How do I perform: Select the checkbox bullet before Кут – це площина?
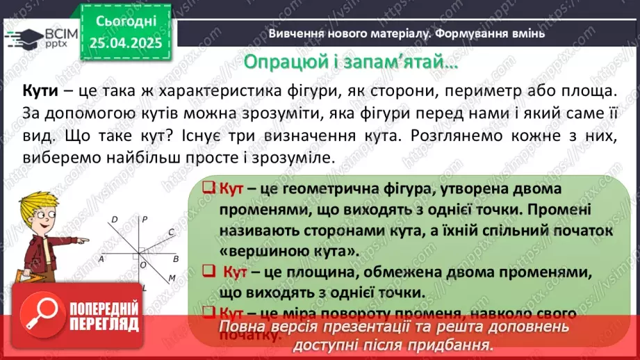tap(207, 271)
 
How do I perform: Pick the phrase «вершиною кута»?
tap(290, 250)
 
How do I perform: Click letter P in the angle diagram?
tap(145, 220)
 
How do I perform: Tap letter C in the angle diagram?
tap(172, 233)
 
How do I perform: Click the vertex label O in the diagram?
tap(142, 264)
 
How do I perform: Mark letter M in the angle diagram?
tap(172, 278)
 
